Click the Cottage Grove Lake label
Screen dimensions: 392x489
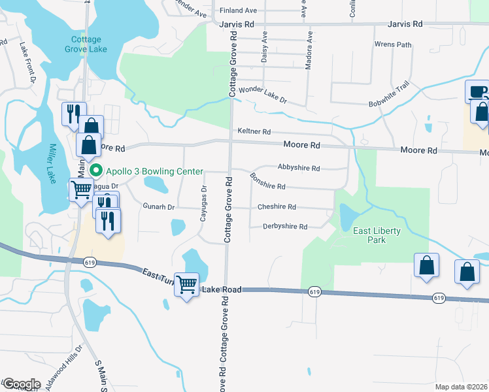tap(87, 44)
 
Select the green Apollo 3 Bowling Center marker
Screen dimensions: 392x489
tap(96, 171)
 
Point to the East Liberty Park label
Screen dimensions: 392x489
tap(377, 235)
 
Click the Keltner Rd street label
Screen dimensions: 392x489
tap(254, 131)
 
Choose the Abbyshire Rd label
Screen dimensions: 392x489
tap(298, 168)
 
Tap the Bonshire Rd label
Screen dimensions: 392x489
tap(267, 182)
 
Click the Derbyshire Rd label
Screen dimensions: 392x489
tap(285, 227)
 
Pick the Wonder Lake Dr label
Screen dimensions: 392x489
tap(263, 95)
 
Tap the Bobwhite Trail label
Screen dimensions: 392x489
tap(388, 95)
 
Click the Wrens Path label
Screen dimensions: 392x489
tap(393, 45)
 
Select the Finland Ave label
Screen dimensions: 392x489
tap(239, 10)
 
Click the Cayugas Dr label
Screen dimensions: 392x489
tap(203, 205)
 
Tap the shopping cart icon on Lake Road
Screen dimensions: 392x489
tap(187, 284)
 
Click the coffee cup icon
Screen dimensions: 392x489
tap(477, 91)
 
